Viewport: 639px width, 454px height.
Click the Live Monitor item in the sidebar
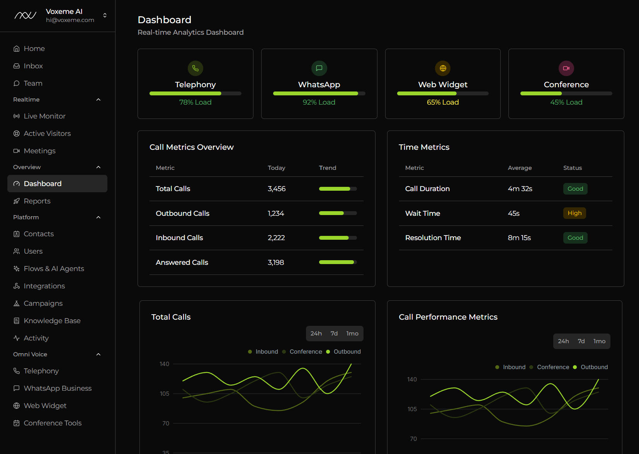tap(44, 116)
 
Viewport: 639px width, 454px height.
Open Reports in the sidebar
tap(37, 201)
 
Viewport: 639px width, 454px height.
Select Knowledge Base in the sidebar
tap(52, 321)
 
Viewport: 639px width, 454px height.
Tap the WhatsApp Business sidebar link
tap(58, 388)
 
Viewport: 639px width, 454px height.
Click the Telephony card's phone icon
tap(195, 68)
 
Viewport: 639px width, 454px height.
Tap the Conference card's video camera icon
tap(566, 68)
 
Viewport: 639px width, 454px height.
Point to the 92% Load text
tap(319, 102)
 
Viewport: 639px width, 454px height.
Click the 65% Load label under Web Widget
tap(443, 102)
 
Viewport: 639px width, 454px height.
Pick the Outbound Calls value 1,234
tap(276, 213)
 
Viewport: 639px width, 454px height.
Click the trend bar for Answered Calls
tap(338, 263)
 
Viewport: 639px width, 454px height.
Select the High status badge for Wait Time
tap(574, 213)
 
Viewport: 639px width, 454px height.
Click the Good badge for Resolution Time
tap(575, 238)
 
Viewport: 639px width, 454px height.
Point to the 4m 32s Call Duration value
tap(520, 189)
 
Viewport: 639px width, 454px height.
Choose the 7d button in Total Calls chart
tap(334, 334)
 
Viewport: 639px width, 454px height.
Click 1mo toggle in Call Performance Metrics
tap(599, 341)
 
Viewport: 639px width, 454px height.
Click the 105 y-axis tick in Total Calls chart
tap(165, 394)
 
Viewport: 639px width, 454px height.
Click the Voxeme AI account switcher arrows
tap(105, 15)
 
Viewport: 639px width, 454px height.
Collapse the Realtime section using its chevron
tap(99, 100)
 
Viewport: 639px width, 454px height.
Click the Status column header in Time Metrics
tap(572, 168)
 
